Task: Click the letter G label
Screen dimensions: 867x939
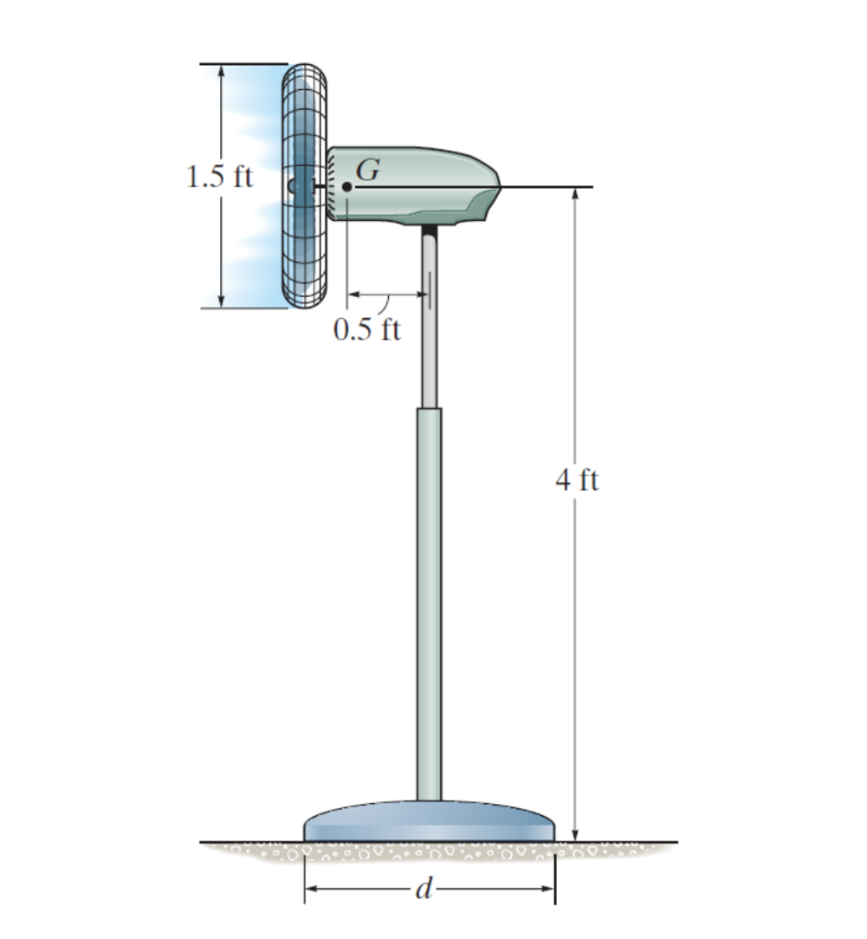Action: coord(368,169)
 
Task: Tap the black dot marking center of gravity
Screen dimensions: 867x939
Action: coord(347,187)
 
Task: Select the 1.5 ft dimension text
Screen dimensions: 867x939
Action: coord(220,177)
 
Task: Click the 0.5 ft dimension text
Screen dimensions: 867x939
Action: coord(367,329)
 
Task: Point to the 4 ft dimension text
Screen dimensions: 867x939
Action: coord(577,481)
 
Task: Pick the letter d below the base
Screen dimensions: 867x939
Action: coord(424,889)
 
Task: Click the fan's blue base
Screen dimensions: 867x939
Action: coord(429,822)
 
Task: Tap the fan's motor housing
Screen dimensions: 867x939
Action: coord(414,185)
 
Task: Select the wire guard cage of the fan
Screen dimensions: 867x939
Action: coord(305,185)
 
